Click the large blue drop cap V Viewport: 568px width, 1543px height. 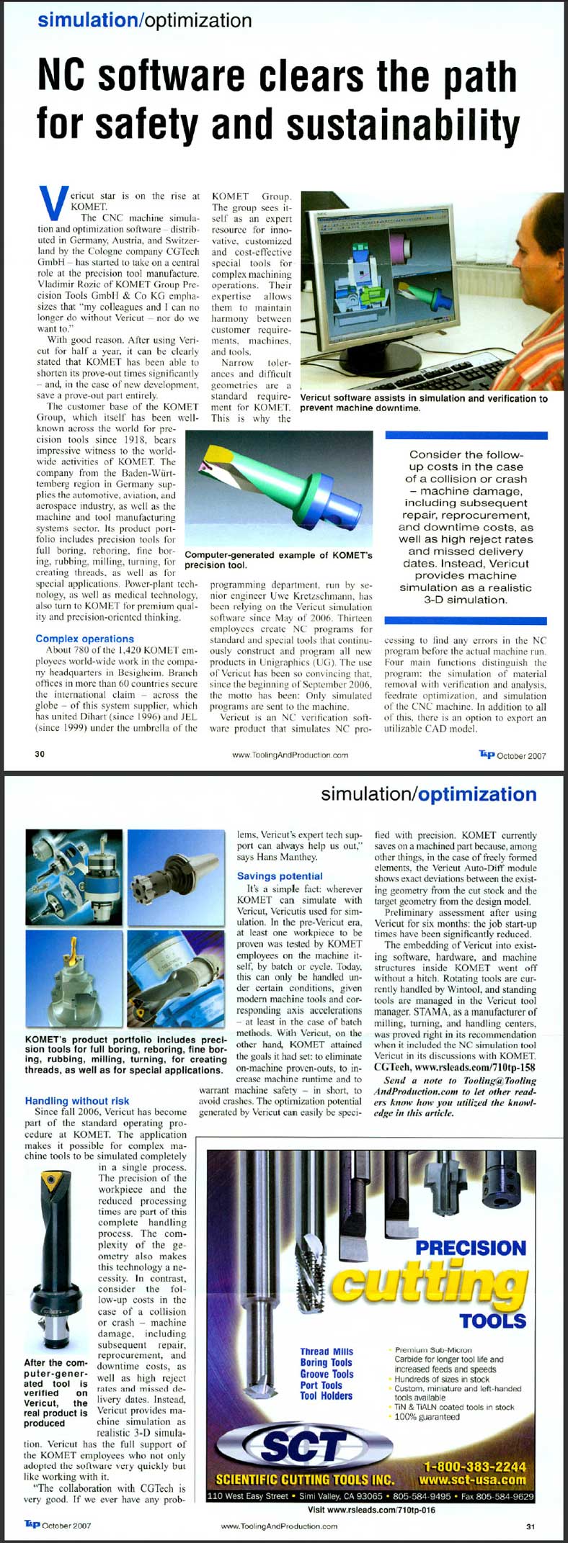(x=53, y=204)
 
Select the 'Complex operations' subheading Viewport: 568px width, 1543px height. (x=84, y=639)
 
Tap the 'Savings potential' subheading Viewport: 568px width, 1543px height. (x=280, y=876)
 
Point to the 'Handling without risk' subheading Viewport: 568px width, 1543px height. (x=77, y=1101)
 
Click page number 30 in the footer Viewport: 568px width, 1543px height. (x=40, y=755)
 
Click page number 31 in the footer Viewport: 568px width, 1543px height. (x=531, y=1526)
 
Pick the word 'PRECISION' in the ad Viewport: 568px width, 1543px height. (x=471, y=1248)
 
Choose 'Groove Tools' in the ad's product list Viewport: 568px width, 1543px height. (x=327, y=1374)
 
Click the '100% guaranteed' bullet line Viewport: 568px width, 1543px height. (x=427, y=1417)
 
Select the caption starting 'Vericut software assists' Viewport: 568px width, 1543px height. (x=423, y=403)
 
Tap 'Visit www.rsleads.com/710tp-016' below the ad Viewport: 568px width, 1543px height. (x=371, y=1510)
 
